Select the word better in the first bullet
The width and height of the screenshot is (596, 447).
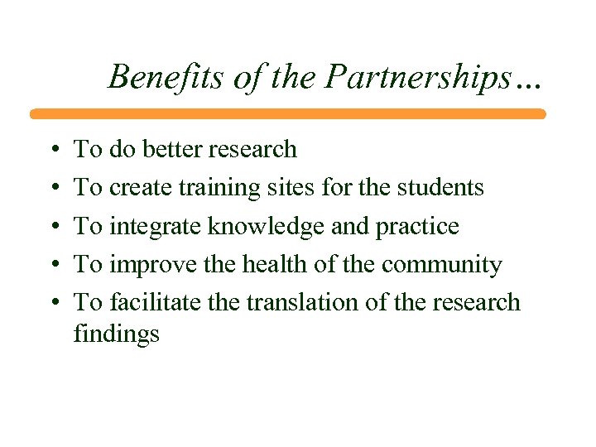[x=174, y=149]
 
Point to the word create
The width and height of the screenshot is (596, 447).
[x=137, y=188]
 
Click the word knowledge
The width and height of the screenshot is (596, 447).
[x=257, y=227]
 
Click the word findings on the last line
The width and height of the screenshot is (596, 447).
[x=116, y=334]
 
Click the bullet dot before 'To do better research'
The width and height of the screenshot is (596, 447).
[x=53, y=151]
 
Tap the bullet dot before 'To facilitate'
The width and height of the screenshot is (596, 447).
[x=53, y=304]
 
